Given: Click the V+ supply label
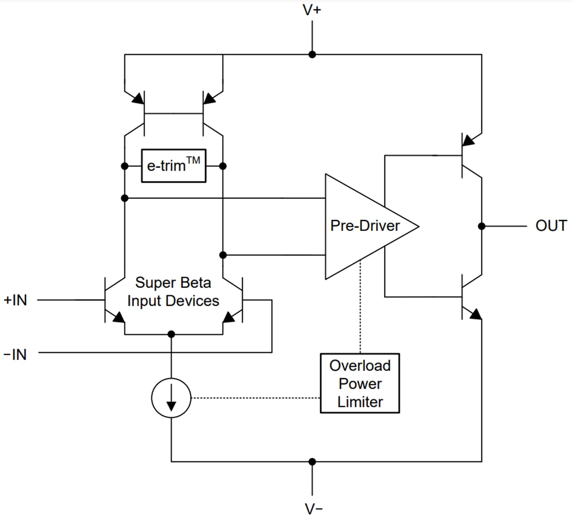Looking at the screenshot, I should (311, 10).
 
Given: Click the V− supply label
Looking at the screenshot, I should (313, 508).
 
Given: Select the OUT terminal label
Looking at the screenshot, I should (551, 226).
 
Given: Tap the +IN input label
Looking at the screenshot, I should (15, 300).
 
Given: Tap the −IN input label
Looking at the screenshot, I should (15, 354).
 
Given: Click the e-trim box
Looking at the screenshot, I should (173, 166).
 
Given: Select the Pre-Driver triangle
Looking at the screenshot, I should (364, 226).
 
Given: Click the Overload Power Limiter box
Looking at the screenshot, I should (360, 384).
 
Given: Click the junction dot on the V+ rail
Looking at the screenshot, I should (312, 55).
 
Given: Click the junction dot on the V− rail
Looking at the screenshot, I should (312, 461).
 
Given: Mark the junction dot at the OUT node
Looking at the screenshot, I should (482, 226).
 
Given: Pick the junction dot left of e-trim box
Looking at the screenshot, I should (125, 166).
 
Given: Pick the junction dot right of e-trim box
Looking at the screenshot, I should (223, 166).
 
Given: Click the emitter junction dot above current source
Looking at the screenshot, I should (172, 334).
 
